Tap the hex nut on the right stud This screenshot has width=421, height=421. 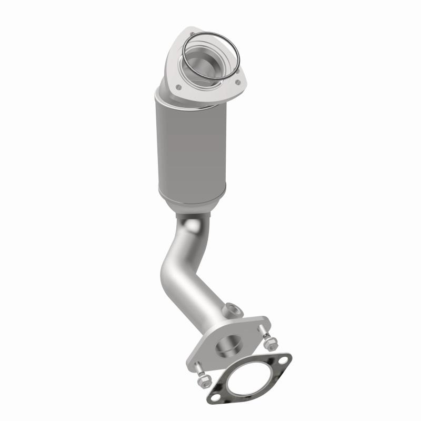point(270,345)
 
